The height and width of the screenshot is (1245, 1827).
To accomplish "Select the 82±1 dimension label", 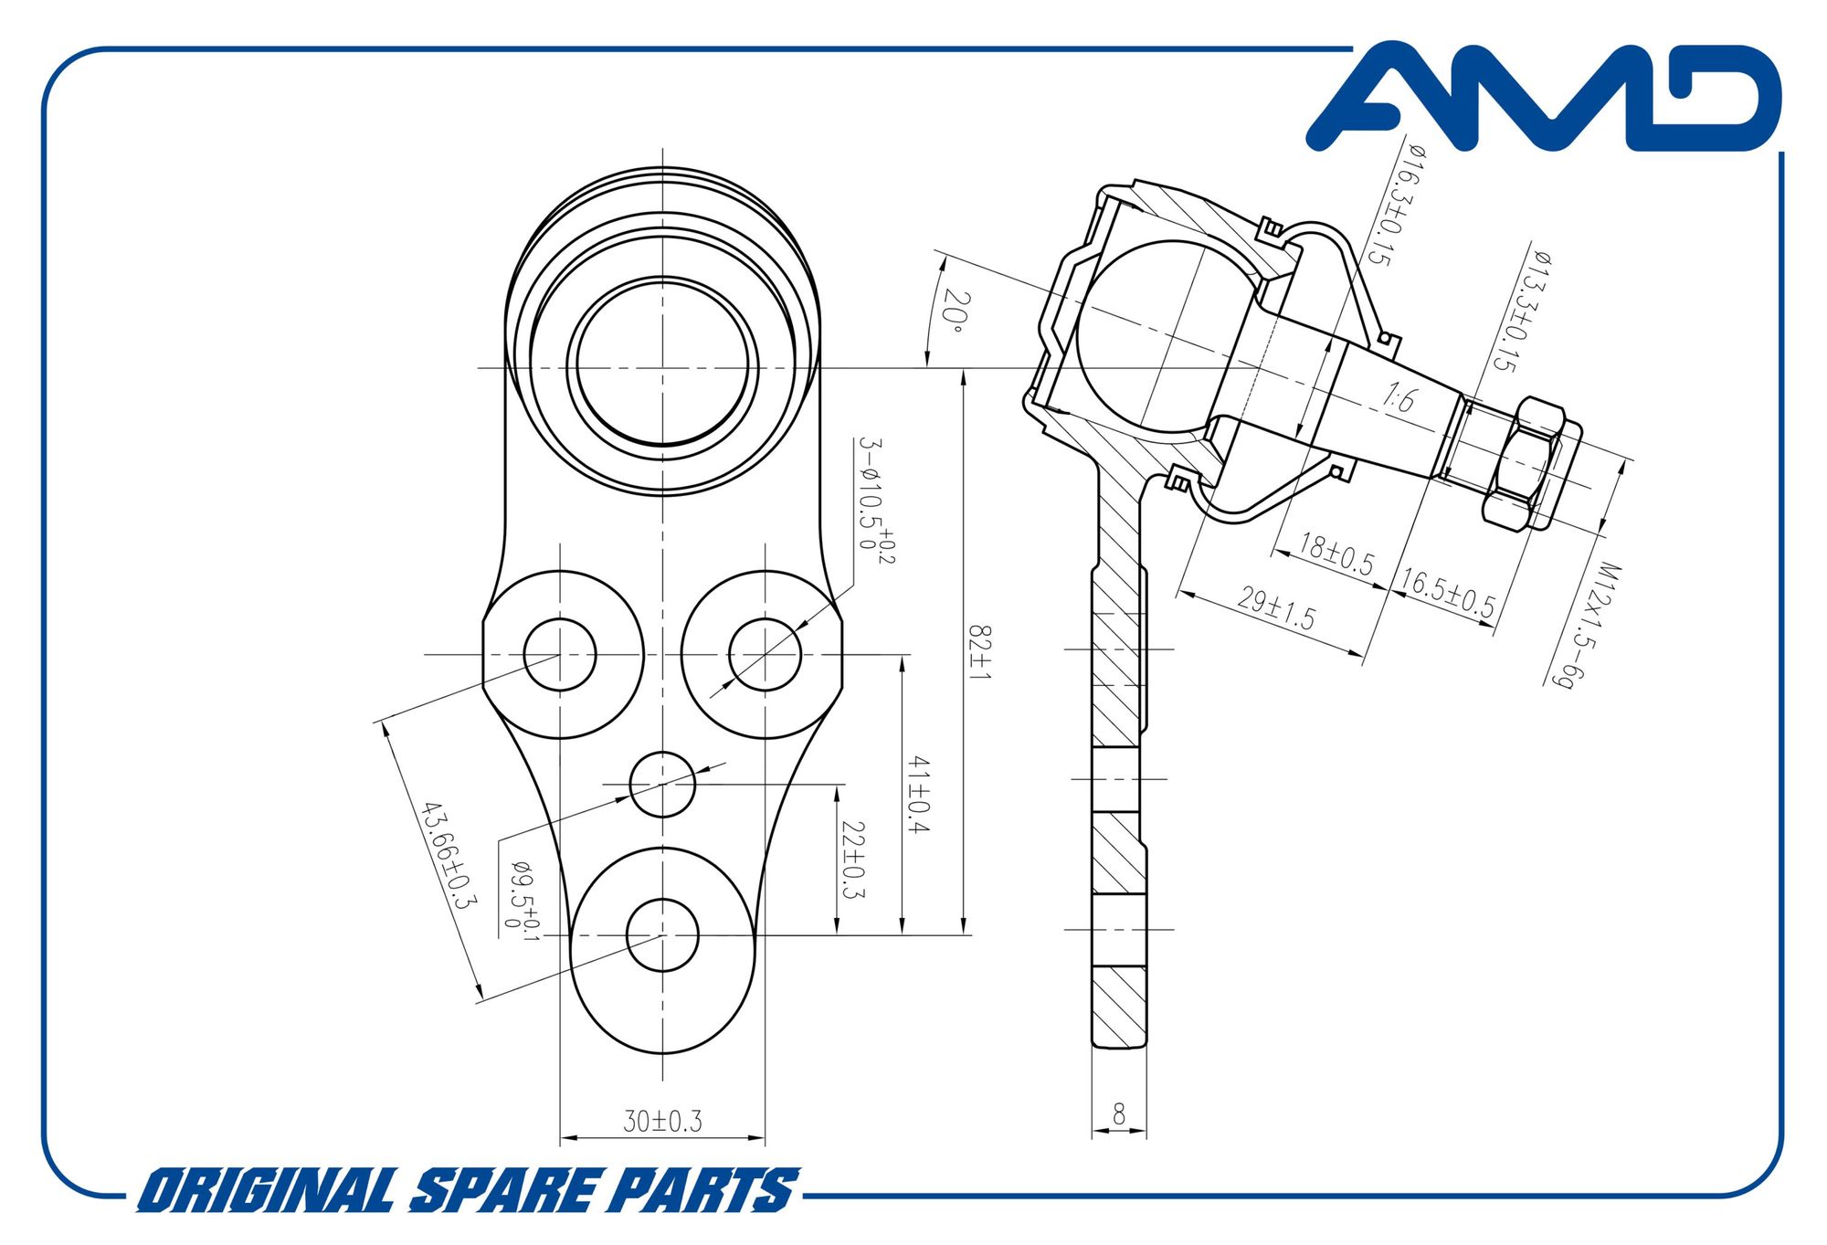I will [979, 652].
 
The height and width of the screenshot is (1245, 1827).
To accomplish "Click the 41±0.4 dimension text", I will [917, 794].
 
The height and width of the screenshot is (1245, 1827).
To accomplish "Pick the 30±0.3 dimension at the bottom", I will [662, 1121].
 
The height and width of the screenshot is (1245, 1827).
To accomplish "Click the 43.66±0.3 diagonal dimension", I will [449, 855].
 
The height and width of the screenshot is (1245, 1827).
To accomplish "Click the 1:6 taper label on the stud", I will [1399, 398].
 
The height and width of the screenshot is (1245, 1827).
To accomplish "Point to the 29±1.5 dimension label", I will [1276, 609].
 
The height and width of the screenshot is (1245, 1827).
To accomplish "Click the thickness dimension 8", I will [1119, 1114].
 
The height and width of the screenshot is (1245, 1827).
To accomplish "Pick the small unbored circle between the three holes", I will [662, 784].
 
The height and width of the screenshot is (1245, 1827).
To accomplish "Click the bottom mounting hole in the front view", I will [662, 934].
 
